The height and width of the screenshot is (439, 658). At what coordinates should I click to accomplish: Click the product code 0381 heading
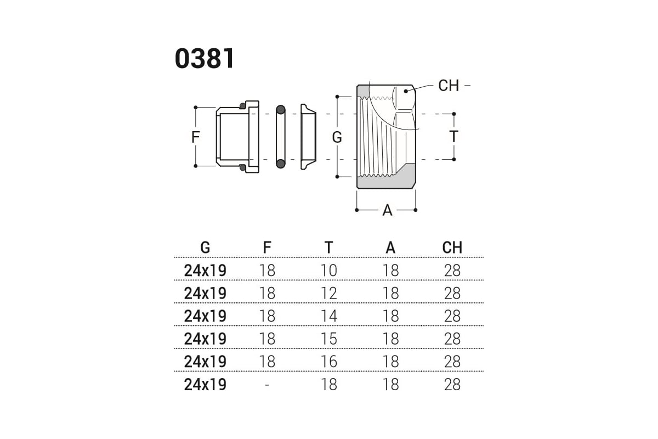coord(205,58)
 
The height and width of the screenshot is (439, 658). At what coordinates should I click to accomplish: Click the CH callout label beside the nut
coord(449,86)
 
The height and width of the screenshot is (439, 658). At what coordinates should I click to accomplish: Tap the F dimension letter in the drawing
coord(196,137)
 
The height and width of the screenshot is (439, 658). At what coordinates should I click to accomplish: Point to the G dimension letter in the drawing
coord(337,137)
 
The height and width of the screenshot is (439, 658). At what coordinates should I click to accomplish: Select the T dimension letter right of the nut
coord(454,137)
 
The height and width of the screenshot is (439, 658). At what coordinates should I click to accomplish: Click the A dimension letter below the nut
coord(388,210)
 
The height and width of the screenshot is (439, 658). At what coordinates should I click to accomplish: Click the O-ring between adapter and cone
coord(281,137)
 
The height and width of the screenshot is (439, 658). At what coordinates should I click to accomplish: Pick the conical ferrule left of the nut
coord(308,137)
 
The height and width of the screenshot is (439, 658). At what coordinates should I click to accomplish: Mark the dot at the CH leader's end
coord(406,91)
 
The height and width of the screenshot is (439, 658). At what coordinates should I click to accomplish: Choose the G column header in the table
coord(205,247)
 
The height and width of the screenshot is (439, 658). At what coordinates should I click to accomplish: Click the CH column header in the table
coord(452,247)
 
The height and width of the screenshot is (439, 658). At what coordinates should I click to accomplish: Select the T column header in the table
coord(328,247)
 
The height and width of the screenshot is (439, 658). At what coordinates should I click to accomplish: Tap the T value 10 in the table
coord(328,271)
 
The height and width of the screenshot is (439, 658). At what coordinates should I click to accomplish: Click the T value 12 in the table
coord(328,293)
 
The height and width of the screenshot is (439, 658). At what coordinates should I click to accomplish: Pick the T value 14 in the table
coord(328,316)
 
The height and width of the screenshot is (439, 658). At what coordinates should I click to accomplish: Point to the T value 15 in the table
coord(328,339)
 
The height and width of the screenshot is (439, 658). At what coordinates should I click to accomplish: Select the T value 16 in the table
coord(328,362)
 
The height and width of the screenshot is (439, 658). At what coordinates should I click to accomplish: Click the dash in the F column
coord(266,385)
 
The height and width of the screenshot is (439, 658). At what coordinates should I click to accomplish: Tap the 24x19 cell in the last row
coord(205,384)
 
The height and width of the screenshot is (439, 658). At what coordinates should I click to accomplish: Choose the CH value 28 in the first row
coord(452,271)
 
